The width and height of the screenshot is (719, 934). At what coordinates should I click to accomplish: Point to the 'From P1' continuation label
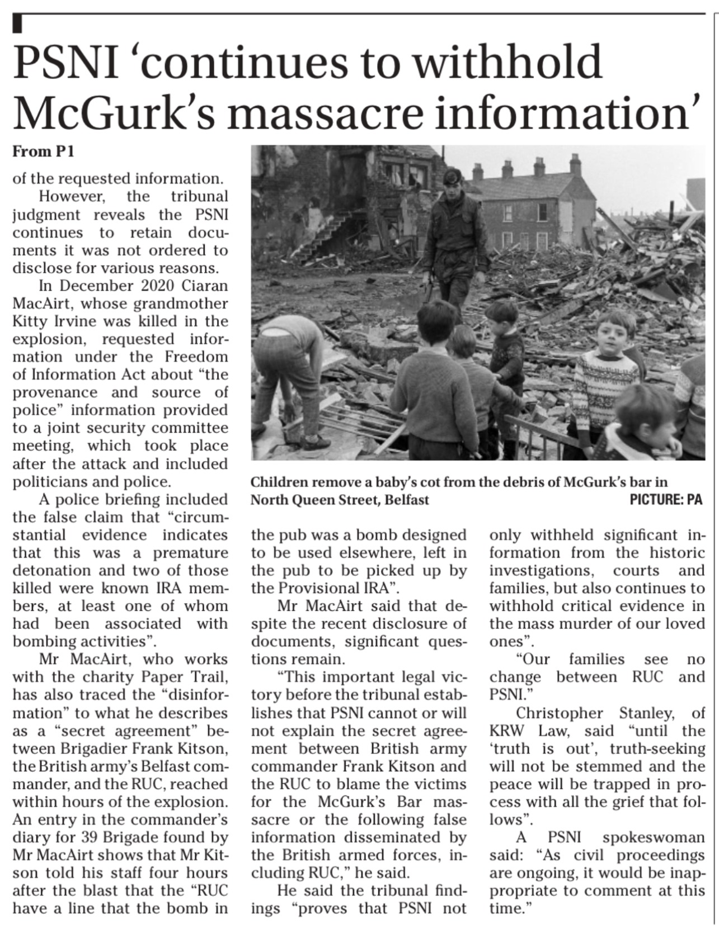(44, 151)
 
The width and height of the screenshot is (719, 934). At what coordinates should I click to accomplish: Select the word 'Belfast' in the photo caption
(406, 499)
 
